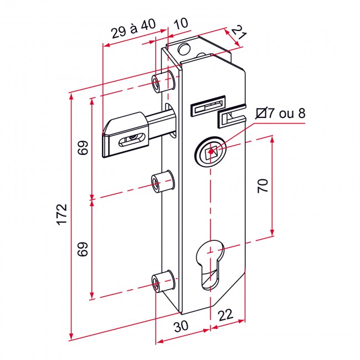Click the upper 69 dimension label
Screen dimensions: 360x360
point(83,148)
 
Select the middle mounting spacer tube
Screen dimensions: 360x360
point(163,182)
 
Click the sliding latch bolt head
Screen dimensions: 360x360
point(126,135)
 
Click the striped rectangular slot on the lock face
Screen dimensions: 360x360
point(208,105)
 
